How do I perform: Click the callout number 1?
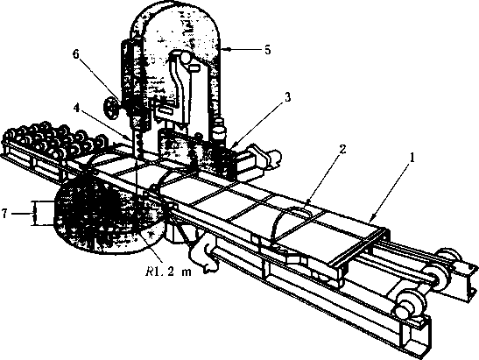[x=412, y=159]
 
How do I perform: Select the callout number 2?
[x=342, y=150]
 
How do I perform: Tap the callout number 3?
[x=288, y=98]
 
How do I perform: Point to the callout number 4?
[x=77, y=109]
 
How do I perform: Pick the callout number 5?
[x=268, y=50]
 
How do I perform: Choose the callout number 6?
[x=76, y=54]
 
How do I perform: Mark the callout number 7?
[x=4, y=214]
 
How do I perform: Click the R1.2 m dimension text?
[x=168, y=272]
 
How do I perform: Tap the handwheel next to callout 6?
[x=112, y=107]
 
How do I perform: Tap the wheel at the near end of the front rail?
[x=409, y=307]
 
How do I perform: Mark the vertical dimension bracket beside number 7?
[x=34, y=214]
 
